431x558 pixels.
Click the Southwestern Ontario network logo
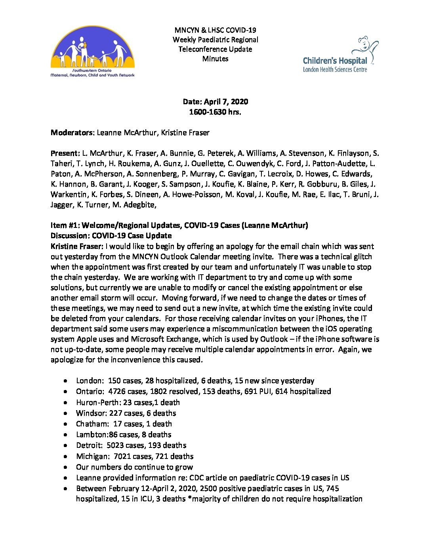(x=92, y=52)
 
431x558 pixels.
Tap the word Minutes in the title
(x=215, y=59)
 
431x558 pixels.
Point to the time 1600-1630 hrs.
(x=215, y=112)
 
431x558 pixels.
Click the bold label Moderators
(x=71, y=133)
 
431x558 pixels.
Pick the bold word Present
(x=65, y=153)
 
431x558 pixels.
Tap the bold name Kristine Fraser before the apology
(x=76, y=246)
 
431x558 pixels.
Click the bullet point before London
(x=65, y=381)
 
